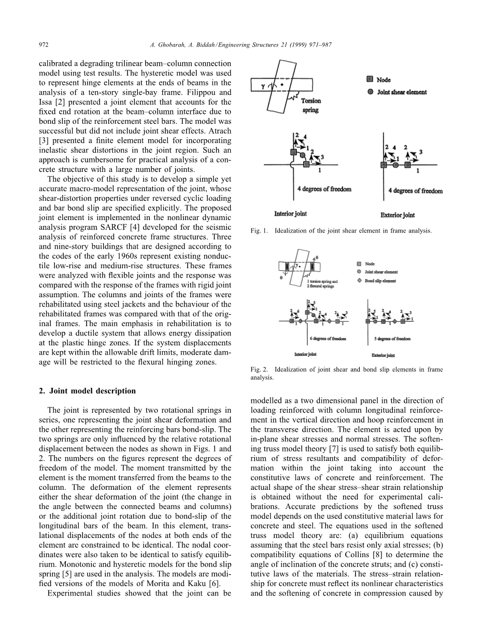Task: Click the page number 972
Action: (x=44, y=45)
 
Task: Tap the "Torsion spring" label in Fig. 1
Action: (x=311, y=106)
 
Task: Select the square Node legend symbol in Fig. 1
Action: (x=370, y=79)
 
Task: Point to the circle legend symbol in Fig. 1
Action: (x=370, y=92)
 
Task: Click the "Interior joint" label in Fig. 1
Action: (x=290, y=213)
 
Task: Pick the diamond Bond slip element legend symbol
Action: (x=360, y=281)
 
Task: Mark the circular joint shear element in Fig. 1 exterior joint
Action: (x=395, y=165)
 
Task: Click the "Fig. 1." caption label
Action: (x=259, y=230)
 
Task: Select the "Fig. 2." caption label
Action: (x=259, y=369)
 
